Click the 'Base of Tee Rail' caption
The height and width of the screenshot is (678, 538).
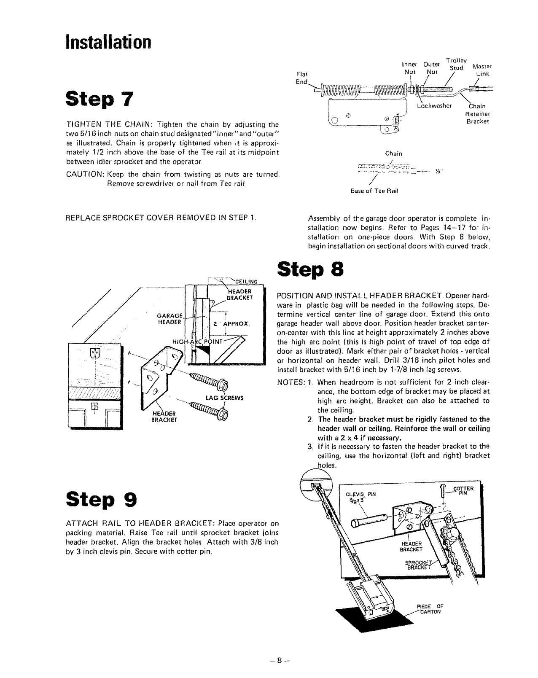374,191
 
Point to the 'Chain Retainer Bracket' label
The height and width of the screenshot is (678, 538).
477,114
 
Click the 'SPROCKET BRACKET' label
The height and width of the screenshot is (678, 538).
417,565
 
